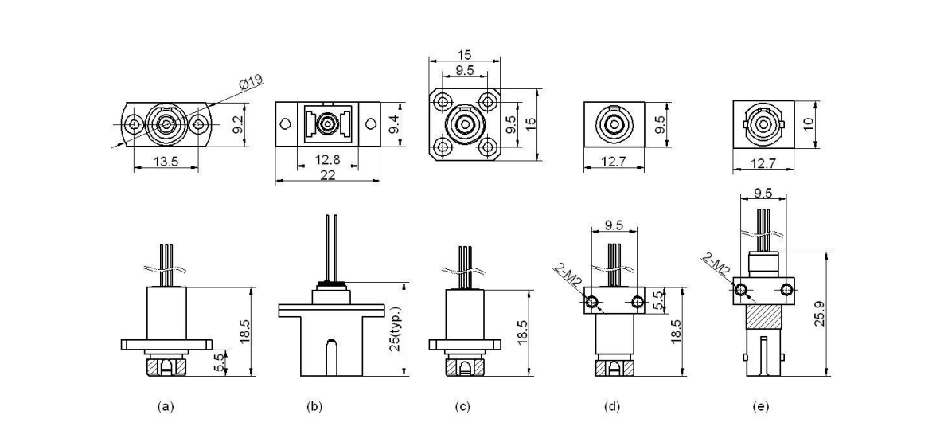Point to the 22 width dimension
coord(326,174)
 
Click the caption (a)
coord(166,406)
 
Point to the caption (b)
coord(315,406)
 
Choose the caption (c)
coord(462,406)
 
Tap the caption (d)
coord(612,406)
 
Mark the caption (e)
coord(761,406)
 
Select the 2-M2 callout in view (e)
coord(716,264)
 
